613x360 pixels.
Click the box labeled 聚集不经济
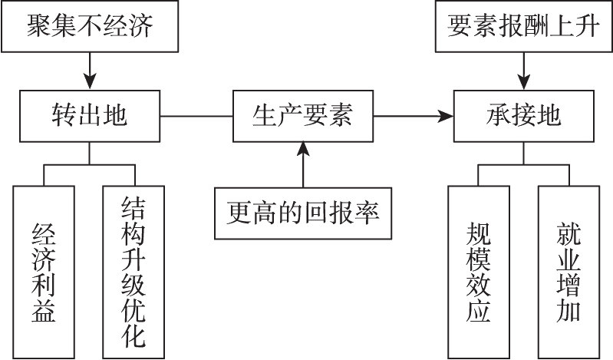click(91, 27)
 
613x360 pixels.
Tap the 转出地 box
click(91, 117)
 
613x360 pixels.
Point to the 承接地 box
click(525, 117)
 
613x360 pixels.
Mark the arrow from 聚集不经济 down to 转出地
click(91, 69)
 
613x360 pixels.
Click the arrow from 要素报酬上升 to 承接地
click(525, 69)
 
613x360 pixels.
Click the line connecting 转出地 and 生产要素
click(196, 117)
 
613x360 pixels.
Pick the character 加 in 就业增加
click(569, 311)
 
